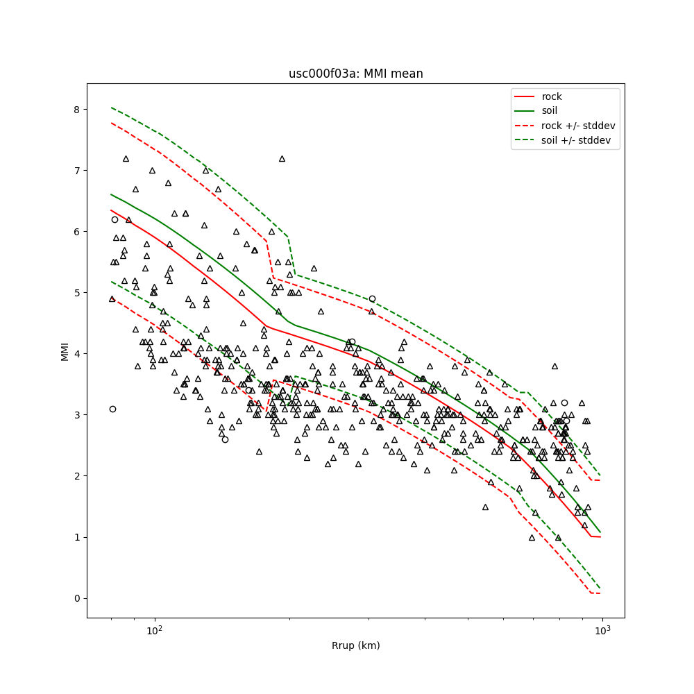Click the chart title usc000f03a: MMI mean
pyautogui.click(x=355, y=74)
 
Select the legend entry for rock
pyautogui.click(x=552, y=96)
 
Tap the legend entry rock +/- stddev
pyautogui.click(x=578, y=125)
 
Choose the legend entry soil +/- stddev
pyautogui.click(x=578, y=139)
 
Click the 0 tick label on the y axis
pyautogui.click(x=78, y=598)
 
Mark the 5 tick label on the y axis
pyautogui.click(x=78, y=293)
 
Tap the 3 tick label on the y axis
pyautogui.click(x=78, y=415)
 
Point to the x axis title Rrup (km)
pyautogui.click(x=355, y=645)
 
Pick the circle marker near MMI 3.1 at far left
pyautogui.click(x=112, y=409)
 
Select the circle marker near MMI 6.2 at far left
pyautogui.click(x=115, y=219)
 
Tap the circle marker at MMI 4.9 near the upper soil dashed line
pyautogui.click(x=372, y=298)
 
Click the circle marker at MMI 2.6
pyautogui.click(x=225, y=439)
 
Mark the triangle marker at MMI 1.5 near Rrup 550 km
pyautogui.click(x=485, y=507)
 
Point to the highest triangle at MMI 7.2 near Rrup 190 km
pyautogui.click(x=282, y=158)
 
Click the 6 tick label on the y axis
pyautogui.click(x=78, y=232)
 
